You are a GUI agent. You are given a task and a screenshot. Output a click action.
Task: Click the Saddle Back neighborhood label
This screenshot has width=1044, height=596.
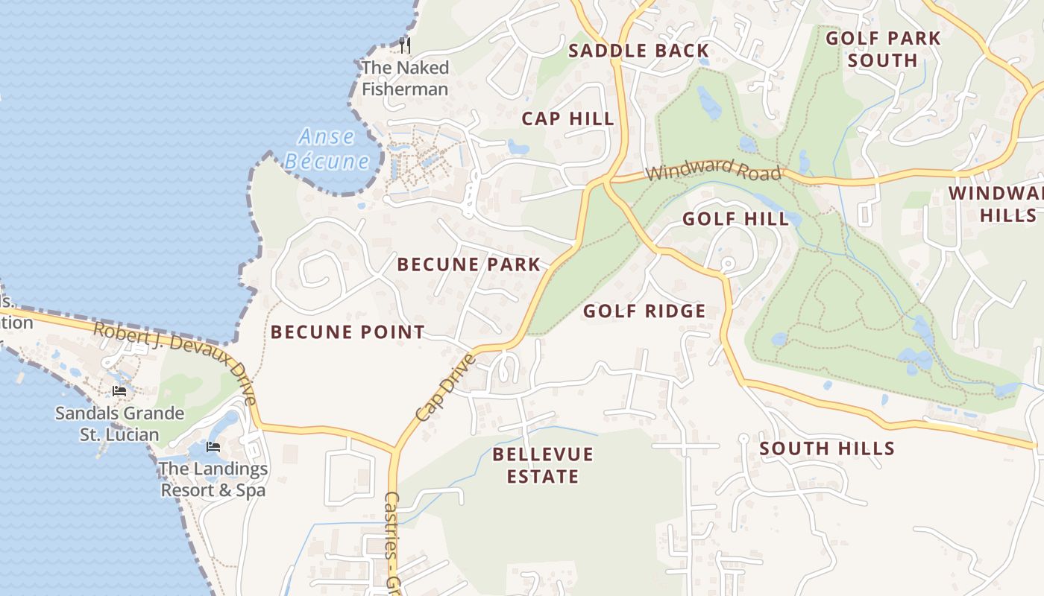coord(638,51)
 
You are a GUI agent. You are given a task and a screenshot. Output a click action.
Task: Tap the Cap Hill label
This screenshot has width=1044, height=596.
coord(567,118)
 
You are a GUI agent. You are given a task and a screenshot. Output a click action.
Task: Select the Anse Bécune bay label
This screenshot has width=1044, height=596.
coord(327,149)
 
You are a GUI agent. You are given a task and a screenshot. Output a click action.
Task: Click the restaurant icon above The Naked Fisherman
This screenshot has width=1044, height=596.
coord(404,45)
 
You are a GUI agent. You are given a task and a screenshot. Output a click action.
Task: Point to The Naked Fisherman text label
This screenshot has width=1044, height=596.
coord(405,78)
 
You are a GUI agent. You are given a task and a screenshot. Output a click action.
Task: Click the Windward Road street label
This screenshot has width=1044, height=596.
coord(714,171)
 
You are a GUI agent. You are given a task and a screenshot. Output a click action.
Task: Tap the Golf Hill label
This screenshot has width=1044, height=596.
coord(735,218)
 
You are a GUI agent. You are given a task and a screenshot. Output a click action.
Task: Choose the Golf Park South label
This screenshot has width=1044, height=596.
coord(883,49)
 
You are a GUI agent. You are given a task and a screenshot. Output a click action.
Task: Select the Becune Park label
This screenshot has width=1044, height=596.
coord(468,264)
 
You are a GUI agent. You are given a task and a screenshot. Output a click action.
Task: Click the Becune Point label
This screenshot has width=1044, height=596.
coord(348,332)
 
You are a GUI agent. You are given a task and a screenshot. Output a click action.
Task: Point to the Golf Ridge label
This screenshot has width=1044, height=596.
coord(644,311)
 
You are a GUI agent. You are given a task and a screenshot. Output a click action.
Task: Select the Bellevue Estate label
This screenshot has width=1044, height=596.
coord(543,465)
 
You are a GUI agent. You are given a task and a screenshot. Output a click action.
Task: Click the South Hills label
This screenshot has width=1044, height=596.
coord(826,448)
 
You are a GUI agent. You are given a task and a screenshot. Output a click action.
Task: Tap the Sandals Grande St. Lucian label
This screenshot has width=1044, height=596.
coord(119,423)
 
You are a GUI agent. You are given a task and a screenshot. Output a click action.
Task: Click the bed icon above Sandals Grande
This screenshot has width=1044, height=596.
coord(119,391)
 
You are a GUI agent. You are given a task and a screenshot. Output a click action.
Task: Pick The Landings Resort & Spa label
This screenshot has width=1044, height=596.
coord(213,479)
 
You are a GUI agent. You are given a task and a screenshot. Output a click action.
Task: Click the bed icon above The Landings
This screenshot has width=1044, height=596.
coord(213,447)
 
